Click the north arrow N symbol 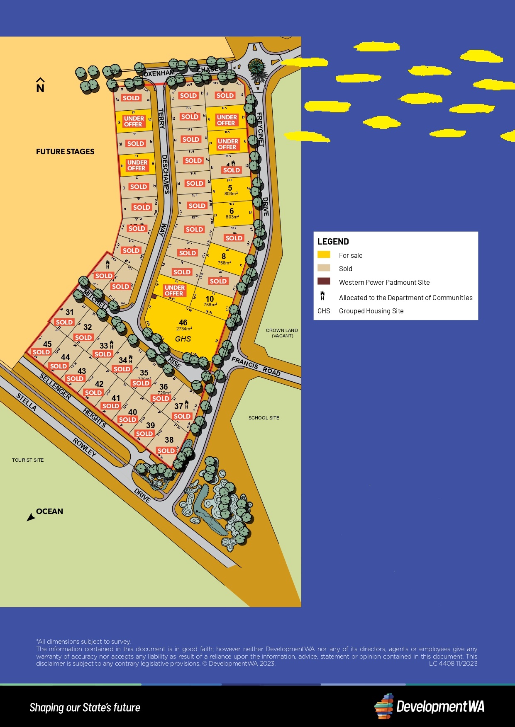click(x=40, y=85)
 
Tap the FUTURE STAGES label click(x=65, y=152)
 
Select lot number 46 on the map click(x=183, y=322)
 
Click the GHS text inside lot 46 click(x=183, y=339)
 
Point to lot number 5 click(x=230, y=188)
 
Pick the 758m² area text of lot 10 click(x=210, y=305)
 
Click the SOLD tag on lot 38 click(x=166, y=451)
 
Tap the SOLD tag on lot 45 click(x=41, y=352)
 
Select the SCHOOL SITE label click(x=264, y=418)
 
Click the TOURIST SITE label click(x=28, y=460)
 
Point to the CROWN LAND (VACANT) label click(x=282, y=333)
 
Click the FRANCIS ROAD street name click(x=256, y=366)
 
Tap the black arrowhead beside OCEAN click(x=31, y=517)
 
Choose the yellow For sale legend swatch click(x=324, y=254)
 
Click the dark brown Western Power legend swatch click(x=324, y=281)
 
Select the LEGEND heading click(x=333, y=242)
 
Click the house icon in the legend click(x=322, y=296)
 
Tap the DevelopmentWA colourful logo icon click(x=384, y=706)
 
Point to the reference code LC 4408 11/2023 click(x=453, y=664)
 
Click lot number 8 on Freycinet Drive click(x=224, y=256)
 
